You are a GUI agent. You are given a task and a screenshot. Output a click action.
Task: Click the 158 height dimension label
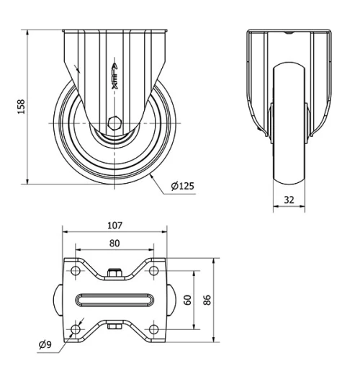click(22, 107)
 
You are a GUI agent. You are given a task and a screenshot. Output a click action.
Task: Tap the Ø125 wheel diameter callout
click(183, 186)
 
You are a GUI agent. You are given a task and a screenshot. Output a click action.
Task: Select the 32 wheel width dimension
click(289, 200)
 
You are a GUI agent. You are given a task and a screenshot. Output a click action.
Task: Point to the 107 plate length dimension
click(114, 226)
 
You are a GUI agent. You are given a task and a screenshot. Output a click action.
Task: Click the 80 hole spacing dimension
click(114, 244)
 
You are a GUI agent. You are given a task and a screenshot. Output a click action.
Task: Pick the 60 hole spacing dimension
click(188, 300)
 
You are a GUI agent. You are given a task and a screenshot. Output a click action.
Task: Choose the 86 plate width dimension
click(207, 300)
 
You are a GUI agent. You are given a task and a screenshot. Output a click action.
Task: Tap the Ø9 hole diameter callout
click(45, 345)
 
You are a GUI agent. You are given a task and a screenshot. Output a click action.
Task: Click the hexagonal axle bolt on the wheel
click(114, 123)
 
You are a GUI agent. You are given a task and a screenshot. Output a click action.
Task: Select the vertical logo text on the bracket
click(115, 76)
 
